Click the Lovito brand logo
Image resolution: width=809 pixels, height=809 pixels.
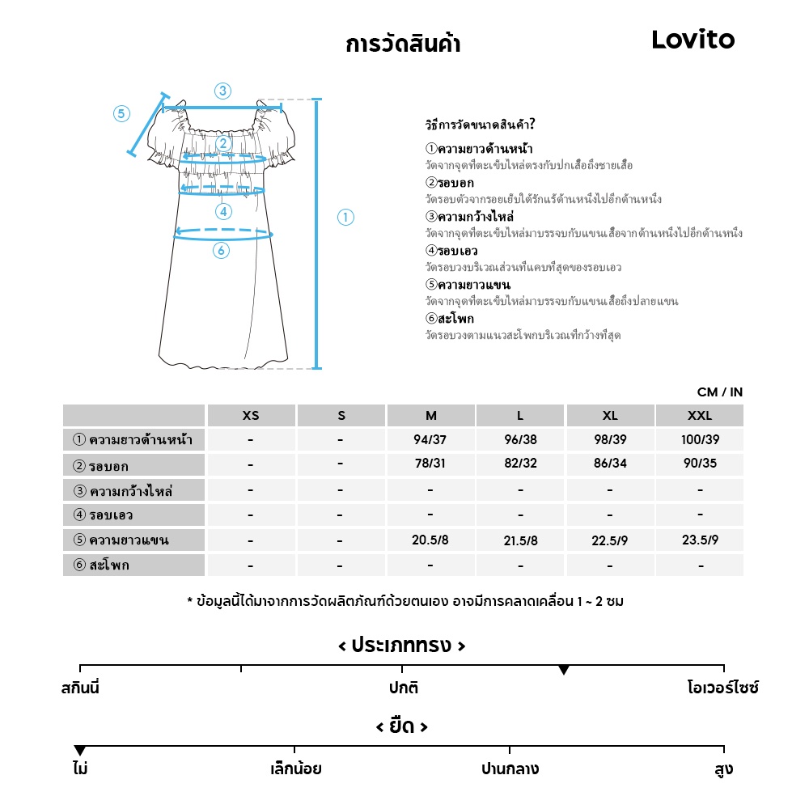tap(693, 40)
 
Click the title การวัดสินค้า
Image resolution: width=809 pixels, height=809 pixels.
tap(403, 44)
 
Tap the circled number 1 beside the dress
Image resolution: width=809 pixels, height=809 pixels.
tap(345, 217)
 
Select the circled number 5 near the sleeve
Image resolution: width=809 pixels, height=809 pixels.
tap(121, 113)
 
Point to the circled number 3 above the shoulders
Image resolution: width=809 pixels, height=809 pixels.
tap(222, 91)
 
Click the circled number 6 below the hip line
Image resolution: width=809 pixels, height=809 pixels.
tap(221, 251)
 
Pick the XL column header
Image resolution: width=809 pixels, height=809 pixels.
tap(610, 416)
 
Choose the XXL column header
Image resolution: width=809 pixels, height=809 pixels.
tap(700, 416)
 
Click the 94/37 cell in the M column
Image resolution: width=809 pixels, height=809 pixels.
tap(430, 440)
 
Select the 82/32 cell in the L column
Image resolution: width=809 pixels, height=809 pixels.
tap(520, 465)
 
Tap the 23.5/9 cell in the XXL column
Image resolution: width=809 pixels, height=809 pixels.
tap(700, 540)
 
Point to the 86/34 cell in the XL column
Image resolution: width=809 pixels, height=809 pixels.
tap(610, 465)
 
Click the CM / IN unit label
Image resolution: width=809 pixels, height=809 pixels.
tap(720, 392)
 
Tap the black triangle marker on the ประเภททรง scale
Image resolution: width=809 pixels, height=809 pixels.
tap(564, 670)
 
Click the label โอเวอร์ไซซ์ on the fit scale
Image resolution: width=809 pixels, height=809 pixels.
tap(723, 688)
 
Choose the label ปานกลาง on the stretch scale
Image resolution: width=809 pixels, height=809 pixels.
tap(510, 769)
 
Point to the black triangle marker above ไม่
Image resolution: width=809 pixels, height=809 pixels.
tap(79, 751)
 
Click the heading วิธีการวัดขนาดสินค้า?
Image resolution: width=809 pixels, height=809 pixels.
tap(480, 125)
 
